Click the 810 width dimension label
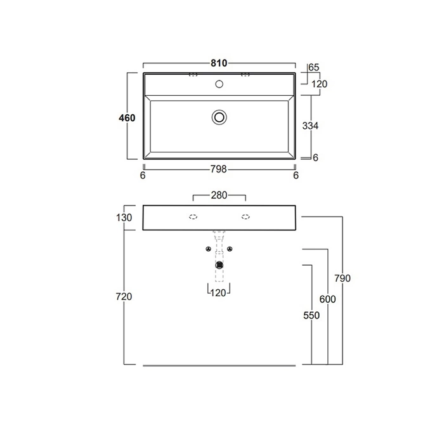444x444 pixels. click(x=219, y=63)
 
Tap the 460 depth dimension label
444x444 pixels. click(x=127, y=118)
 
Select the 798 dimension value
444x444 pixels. click(x=219, y=169)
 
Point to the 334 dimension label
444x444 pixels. click(x=310, y=126)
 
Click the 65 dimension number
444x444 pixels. click(x=314, y=67)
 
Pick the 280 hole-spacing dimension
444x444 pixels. click(x=219, y=195)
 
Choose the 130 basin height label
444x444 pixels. click(x=124, y=218)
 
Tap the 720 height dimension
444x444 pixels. click(x=124, y=296)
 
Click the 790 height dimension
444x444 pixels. click(x=343, y=278)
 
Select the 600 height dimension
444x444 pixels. click(x=328, y=299)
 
